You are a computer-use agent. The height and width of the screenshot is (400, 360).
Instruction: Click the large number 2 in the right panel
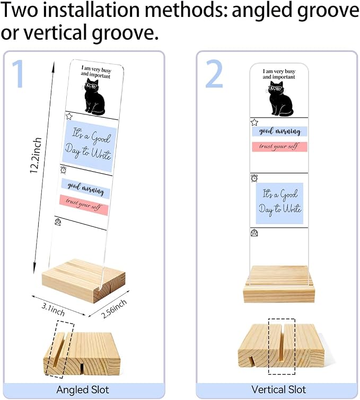tap(214, 74)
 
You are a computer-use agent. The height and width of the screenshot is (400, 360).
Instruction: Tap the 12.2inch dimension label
tap(36, 155)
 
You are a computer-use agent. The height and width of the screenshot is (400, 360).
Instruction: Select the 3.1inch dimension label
tap(53, 309)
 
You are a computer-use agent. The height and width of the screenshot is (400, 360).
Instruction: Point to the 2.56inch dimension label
tap(114, 309)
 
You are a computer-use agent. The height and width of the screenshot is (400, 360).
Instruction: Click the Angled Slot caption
tap(83, 390)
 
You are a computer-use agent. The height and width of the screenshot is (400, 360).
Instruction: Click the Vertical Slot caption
tap(278, 389)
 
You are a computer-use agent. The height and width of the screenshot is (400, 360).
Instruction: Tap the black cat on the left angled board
tap(94, 97)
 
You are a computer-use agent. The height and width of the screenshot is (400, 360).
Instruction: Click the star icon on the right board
tap(254, 122)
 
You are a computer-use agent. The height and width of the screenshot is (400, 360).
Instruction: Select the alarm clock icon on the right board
tap(254, 178)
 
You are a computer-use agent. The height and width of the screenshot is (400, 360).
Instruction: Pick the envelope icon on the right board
tap(254, 233)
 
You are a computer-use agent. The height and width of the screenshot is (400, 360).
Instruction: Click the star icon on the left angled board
tap(69, 117)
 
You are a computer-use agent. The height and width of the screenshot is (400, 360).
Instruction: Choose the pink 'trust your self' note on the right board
tap(279, 147)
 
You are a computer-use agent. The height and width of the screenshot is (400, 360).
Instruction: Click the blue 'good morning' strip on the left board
tap(86, 189)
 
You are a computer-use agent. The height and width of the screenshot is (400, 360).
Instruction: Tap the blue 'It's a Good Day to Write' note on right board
tap(279, 203)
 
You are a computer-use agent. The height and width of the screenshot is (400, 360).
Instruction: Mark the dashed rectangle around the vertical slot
tap(269, 346)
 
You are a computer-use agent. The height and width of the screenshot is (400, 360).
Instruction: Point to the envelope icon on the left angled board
tap(58, 222)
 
